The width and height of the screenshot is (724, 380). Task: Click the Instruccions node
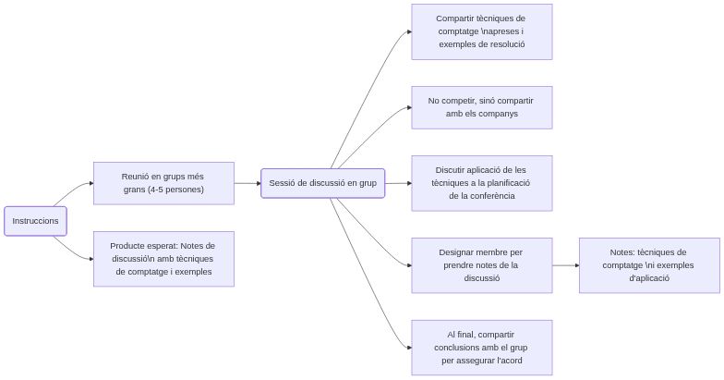click(x=36, y=221)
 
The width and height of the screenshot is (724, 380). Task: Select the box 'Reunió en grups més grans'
click(x=163, y=183)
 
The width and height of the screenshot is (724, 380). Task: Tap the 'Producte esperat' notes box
click(x=163, y=259)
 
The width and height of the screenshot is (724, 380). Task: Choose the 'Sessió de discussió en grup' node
click(x=322, y=183)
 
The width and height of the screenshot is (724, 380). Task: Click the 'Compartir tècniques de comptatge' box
click(x=481, y=31)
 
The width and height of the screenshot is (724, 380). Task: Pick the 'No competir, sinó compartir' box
click(x=481, y=107)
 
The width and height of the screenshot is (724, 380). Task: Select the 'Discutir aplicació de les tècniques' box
click(x=481, y=183)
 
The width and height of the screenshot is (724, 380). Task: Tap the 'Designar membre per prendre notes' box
click(x=481, y=265)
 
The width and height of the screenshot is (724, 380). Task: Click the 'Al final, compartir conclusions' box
click(x=481, y=348)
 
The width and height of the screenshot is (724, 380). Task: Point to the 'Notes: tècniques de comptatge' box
click(x=649, y=265)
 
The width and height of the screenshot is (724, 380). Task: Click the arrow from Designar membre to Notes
click(x=565, y=265)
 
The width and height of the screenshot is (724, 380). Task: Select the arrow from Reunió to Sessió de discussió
click(x=247, y=183)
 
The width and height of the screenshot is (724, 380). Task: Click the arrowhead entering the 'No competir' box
click(x=408, y=108)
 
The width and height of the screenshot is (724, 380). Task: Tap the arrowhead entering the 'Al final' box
click(x=408, y=348)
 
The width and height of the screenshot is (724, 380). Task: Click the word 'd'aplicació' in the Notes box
click(x=649, y=277)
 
